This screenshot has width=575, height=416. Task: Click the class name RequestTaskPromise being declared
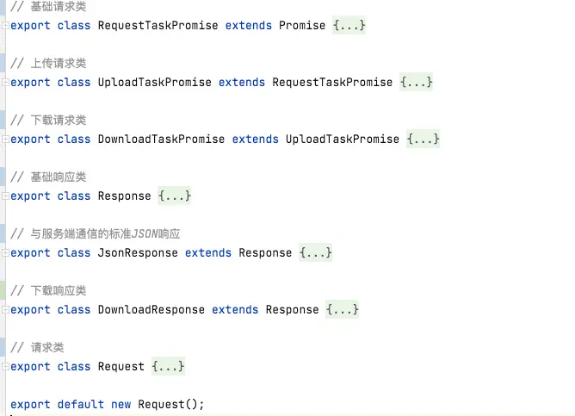coord(158,26)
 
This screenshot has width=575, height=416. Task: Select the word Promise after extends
coord(302,26)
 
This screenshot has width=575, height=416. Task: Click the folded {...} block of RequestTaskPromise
coord(349,26)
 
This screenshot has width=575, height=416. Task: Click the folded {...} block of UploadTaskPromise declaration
coord(417,83)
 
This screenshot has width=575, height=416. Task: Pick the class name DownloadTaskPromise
coord(161,140)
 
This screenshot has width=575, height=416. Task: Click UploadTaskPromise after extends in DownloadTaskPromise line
coord(343,140)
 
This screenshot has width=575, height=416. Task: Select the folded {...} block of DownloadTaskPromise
coord(424,140)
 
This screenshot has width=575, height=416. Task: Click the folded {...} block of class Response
coord(175,196)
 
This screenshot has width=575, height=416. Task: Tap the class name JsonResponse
coord(138,253)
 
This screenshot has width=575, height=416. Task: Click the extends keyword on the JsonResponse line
coord(208,253)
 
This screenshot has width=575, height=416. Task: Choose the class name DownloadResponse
coord(151,310)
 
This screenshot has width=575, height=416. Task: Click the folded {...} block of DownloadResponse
coord(343,310)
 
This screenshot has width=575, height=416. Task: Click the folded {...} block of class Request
coord(168,367)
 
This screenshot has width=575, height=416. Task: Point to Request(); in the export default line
coord(171,405)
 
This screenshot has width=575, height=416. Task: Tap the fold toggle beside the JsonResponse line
coord(5,253)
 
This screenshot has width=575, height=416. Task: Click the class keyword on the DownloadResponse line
coord(74,310)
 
